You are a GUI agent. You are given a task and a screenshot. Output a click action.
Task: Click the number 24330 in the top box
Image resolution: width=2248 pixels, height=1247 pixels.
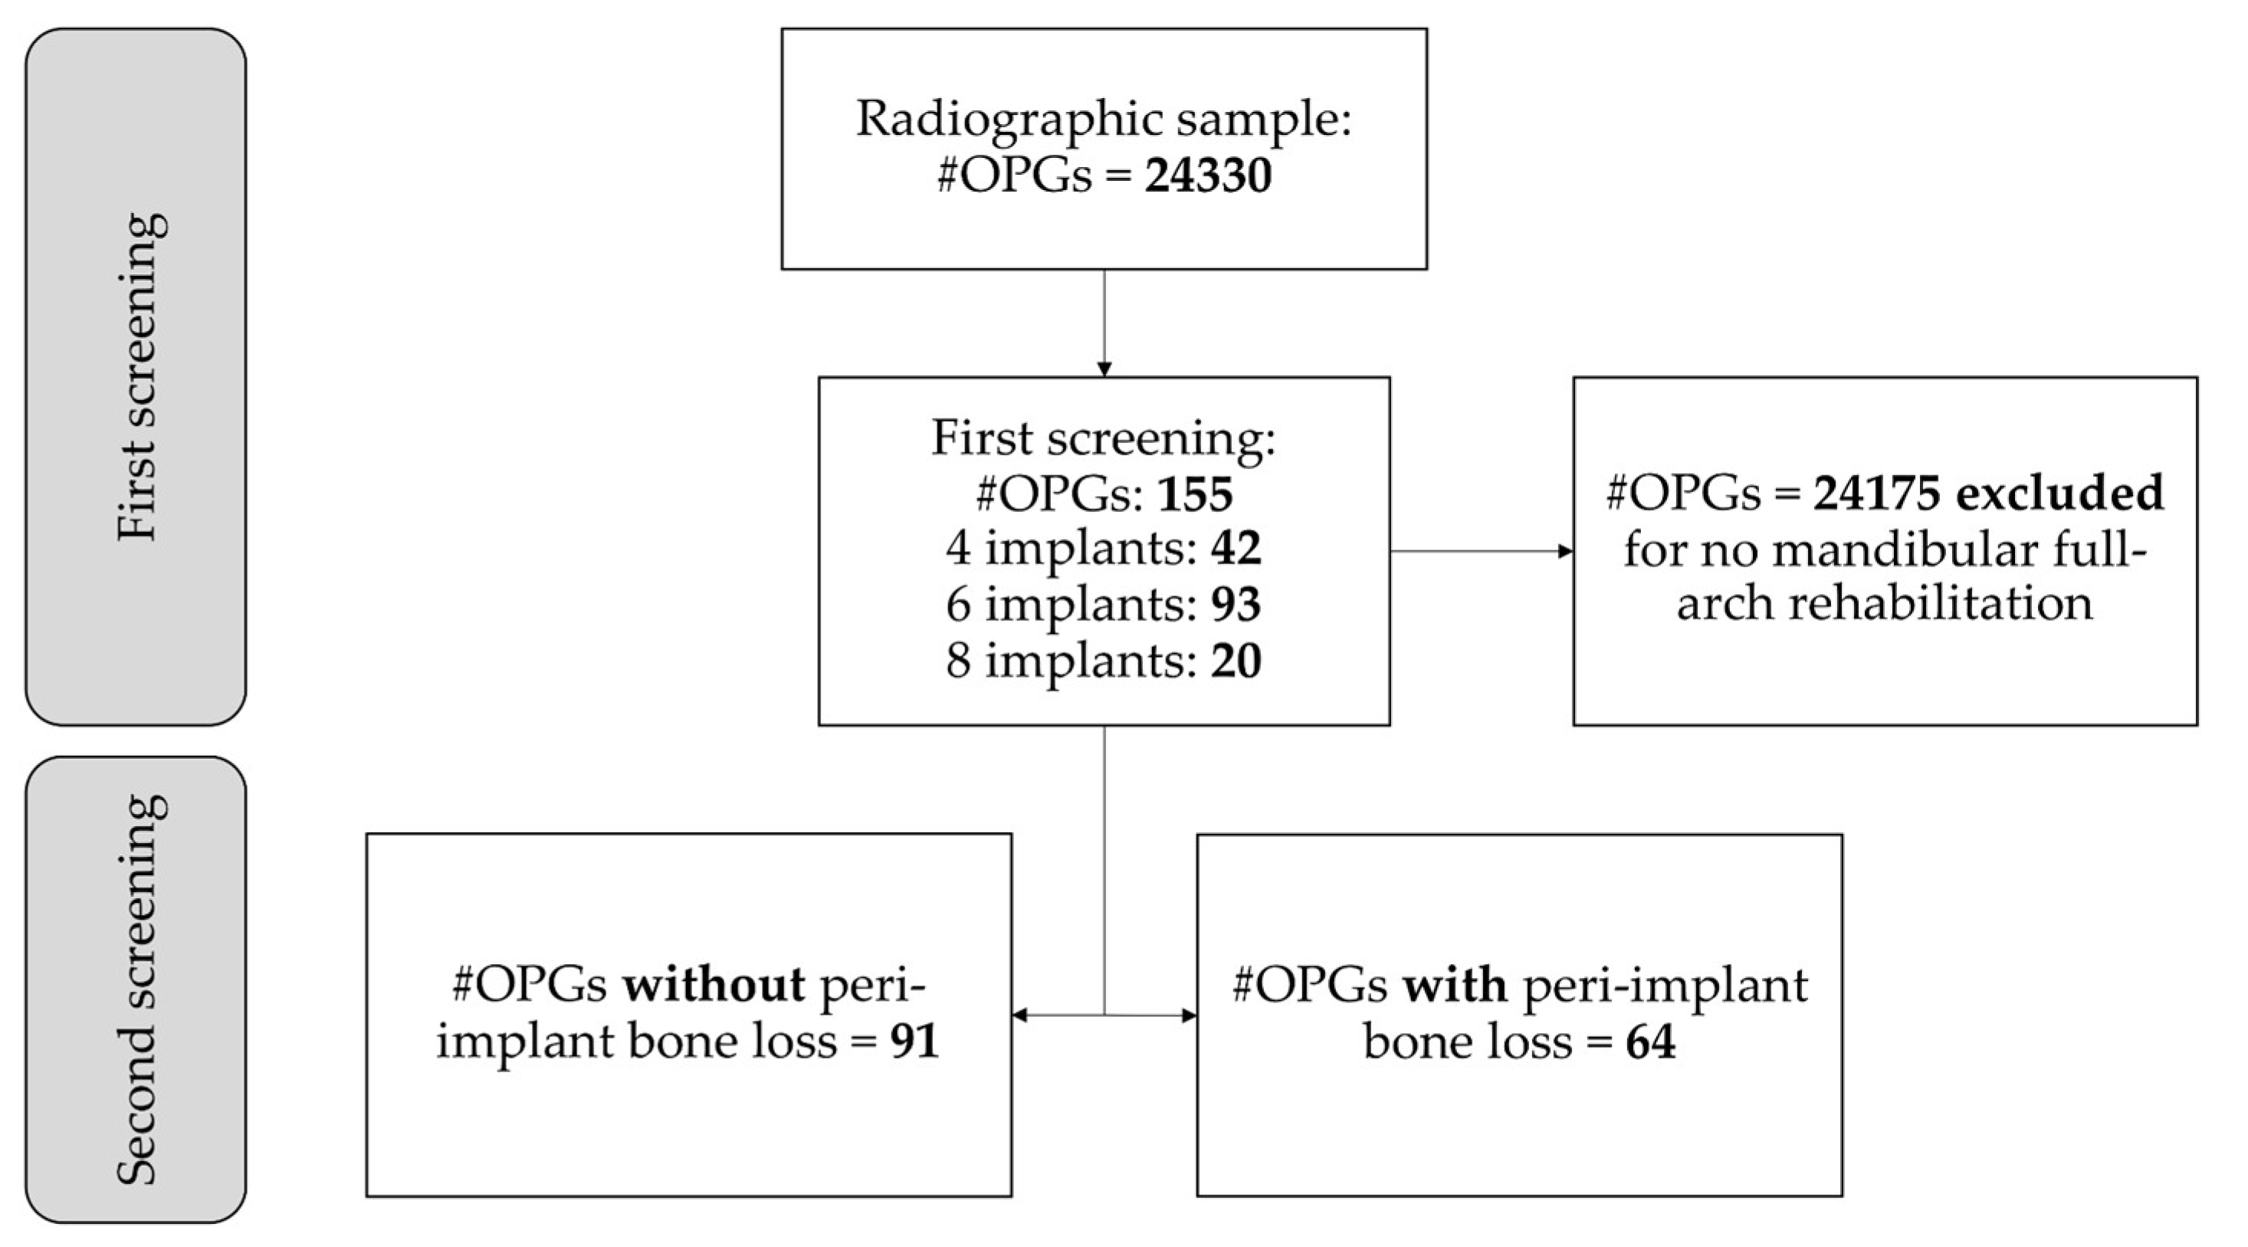[1208, 176]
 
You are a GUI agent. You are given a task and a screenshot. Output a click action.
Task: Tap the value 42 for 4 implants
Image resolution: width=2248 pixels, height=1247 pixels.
[1236, 548]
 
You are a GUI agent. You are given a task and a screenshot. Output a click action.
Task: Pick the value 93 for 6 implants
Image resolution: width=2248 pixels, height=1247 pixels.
[1236, 604]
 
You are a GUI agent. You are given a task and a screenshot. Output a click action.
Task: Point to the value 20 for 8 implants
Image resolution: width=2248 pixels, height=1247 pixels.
[1236, 660]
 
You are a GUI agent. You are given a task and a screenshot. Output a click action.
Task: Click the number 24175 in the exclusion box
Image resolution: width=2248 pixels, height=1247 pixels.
[1877, 493]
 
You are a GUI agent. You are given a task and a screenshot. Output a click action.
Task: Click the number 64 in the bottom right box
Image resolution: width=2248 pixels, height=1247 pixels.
[1650, 1041]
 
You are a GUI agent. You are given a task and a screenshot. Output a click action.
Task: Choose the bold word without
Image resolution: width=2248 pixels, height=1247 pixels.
[714, 985]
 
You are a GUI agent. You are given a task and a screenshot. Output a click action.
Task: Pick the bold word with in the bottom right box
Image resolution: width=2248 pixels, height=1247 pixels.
[1455, 985]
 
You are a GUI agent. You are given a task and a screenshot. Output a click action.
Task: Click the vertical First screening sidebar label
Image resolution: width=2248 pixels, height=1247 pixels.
[137, 376]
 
